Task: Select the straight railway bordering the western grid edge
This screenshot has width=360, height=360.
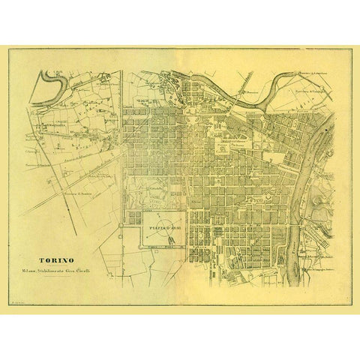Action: point(122,150)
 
